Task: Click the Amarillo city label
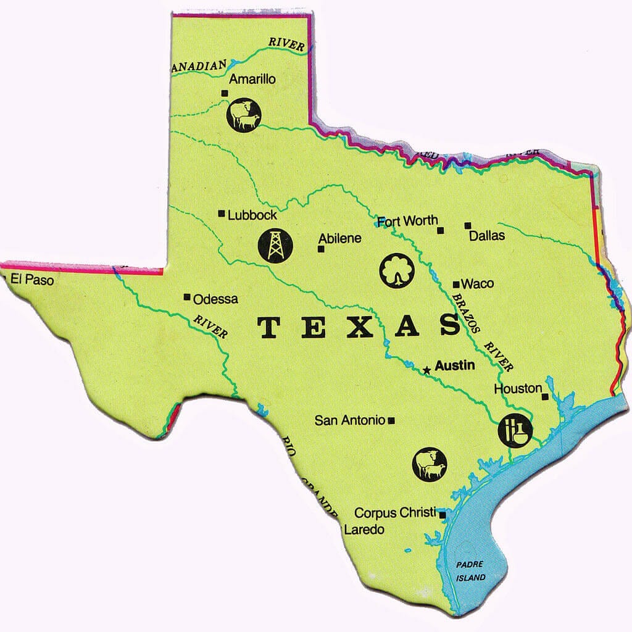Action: (252, 80)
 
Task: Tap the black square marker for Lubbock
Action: (222, 214)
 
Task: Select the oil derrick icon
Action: (275, 245)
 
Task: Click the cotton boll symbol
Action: (396, 270)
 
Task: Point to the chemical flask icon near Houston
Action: (515, 430)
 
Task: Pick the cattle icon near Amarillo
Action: (244, 115)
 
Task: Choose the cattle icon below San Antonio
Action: (430, 464)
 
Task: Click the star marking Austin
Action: (426, 371)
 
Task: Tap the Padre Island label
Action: (471, 571)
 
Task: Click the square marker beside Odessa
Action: (187, 297)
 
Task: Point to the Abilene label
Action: (339, 239)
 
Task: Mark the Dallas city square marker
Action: (468, 225)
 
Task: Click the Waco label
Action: (478, 284)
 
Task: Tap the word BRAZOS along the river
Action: (465, 313)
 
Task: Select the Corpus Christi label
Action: (395, 513)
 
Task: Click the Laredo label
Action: (364, 530)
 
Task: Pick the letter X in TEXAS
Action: (359, 327)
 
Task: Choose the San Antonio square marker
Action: (391, 421)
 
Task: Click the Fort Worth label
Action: (407, 220)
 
